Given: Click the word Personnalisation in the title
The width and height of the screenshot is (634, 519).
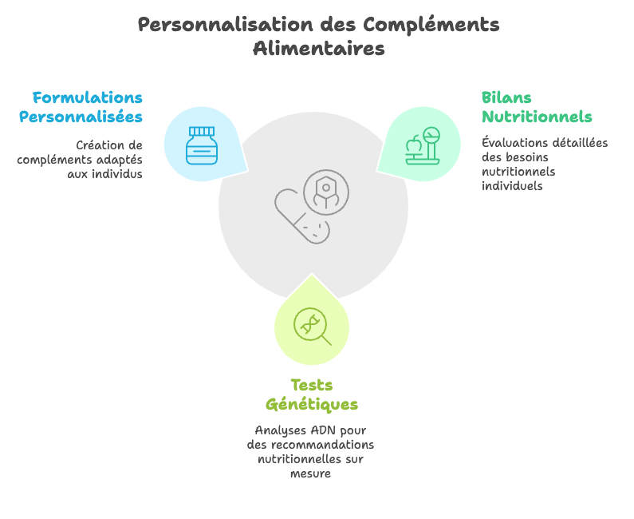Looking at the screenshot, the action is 226,24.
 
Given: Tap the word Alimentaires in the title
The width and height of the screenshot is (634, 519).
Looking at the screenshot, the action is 319,49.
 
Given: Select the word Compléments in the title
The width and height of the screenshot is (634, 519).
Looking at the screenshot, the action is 431,25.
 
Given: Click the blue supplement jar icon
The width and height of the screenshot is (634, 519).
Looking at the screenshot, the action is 202,145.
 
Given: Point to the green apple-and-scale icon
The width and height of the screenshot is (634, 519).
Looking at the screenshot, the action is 423,146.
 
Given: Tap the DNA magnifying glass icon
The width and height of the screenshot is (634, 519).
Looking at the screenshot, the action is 312,327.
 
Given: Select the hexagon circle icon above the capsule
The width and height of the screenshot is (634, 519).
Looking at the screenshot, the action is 326,192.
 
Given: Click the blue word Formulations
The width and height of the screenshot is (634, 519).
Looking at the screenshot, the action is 88,97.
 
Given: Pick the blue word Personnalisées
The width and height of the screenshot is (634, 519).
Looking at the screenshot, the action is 81,117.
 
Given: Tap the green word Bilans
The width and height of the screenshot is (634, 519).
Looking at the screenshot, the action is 506,97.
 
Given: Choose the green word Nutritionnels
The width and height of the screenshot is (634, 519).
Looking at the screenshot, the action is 537,117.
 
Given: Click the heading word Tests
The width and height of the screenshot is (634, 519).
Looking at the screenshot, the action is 312,385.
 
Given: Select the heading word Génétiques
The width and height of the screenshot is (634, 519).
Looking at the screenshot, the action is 312,405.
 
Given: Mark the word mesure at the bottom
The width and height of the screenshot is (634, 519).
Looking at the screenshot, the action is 310,473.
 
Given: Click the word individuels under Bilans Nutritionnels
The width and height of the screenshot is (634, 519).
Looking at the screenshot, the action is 512,186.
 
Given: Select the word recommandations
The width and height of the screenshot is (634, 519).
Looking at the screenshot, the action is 322,445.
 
